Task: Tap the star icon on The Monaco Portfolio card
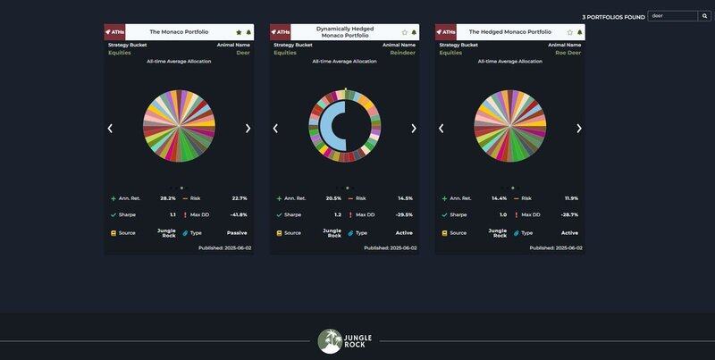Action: coord(239,32)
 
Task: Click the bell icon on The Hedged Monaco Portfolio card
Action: coord(580,32)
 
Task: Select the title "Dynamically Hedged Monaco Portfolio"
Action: coord(344,32)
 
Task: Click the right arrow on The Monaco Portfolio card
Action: coord(248,128)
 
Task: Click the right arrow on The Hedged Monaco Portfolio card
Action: coord(579,128)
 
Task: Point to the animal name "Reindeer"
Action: coord(403,53)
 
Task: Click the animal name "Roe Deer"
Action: coord(568,53)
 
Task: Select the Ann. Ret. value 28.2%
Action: coord(168,198)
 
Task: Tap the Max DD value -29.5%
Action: coord(404,214)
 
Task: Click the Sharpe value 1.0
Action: coord(503,214)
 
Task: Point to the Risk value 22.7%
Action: coord(239,198)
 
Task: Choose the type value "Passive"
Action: coord(237,233)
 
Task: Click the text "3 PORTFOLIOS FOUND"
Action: coord(613,16)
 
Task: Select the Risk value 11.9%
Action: coord(570,198)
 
